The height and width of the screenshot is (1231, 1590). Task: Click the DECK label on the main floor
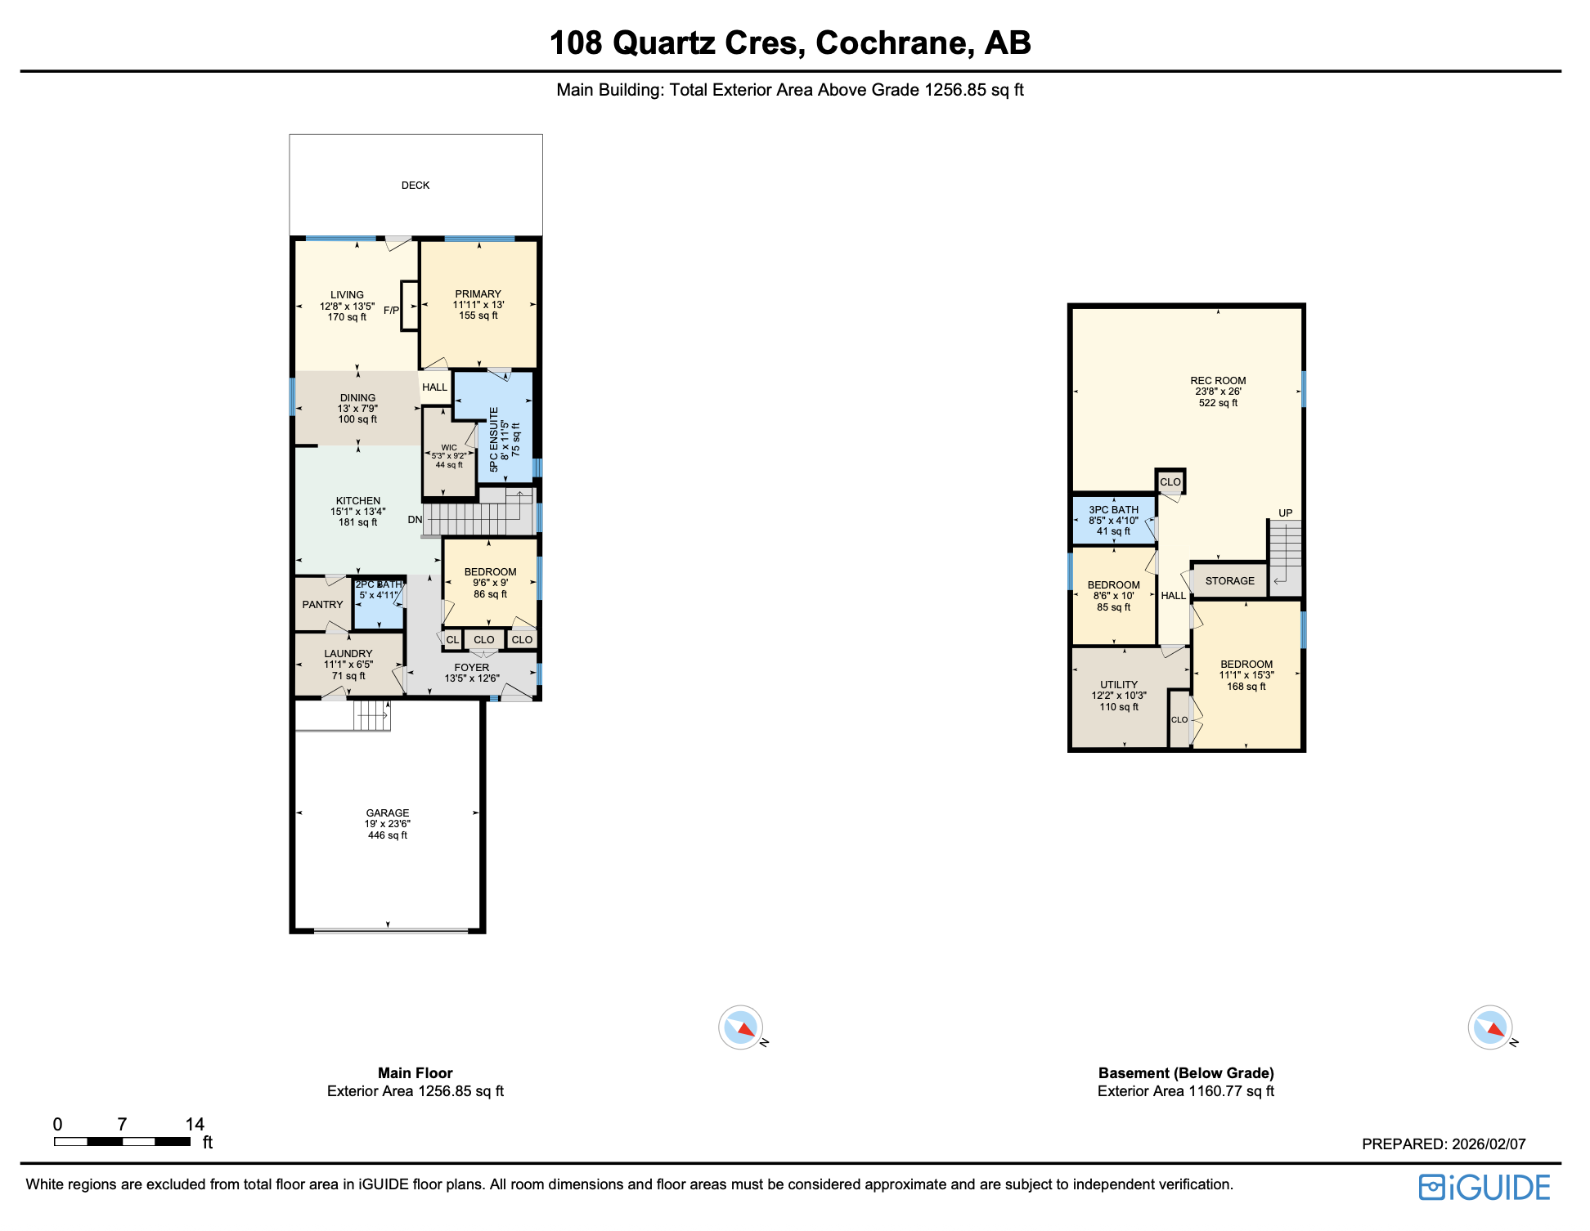point(415,186)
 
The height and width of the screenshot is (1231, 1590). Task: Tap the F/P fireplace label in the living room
point(391,311)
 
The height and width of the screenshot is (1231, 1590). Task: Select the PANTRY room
point(322,605)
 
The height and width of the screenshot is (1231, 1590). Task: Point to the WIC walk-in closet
point(449,456)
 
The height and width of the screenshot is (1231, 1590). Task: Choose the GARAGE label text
point(388,813)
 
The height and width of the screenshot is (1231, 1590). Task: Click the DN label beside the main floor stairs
point(415,520)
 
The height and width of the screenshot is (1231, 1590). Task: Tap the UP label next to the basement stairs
point(1285,513)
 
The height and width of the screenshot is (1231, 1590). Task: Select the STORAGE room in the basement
point(1229,581)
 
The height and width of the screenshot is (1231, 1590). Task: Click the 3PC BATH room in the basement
point(1113,521)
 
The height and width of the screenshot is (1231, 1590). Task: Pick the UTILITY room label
point(1118,685)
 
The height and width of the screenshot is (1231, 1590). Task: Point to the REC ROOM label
point(1218,381)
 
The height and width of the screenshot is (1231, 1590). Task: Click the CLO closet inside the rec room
point(1170,482)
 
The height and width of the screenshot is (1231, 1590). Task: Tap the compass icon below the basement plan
point(1490,1027)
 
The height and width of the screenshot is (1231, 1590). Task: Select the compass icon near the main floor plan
point(741,1027)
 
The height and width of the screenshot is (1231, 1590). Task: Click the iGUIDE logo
point(1484,1188)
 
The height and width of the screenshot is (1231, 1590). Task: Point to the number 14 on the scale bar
point(195,1124)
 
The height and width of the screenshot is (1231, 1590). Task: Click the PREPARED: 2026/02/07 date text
point(1444,1144)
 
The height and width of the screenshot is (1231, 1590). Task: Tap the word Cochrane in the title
point(894,43)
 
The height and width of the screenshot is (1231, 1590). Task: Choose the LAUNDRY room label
point(348,654)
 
